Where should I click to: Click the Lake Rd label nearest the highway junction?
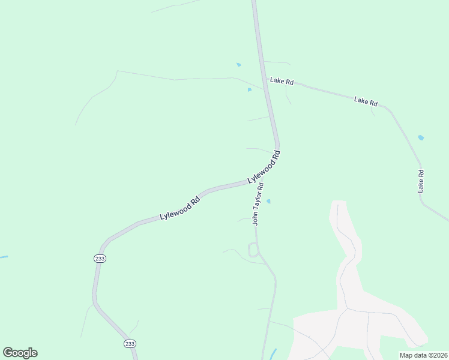tap(282, 80)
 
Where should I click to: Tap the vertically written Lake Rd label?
tap(421, 181)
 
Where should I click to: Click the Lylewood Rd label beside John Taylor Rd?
tap(264, 167)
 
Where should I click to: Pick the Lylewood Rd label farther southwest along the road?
tap(179, 208)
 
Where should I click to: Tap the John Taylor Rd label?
tap(258, 205)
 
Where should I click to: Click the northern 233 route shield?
tap(100, 258)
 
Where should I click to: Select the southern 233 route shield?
tap(130, 343)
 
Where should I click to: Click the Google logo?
tap(20, 353)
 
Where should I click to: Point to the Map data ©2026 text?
tap(423, 355)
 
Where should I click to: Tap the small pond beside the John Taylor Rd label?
tap(268, 201)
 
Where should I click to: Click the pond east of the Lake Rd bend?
tap(421, 138)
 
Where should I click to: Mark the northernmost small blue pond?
tap(239, 65)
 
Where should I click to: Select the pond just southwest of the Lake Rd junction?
tap(250, 90)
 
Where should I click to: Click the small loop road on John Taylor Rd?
tap(253, 250)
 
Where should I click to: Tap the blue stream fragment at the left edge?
tap(3, 257)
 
